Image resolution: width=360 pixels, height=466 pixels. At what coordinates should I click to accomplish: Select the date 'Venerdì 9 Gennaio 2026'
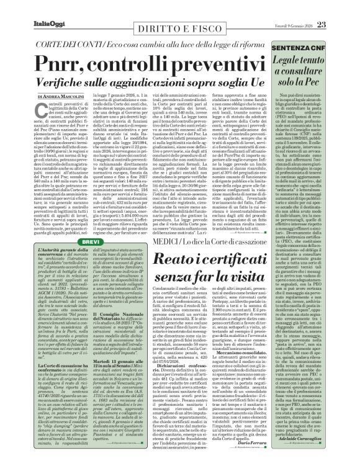click(313, 8)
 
